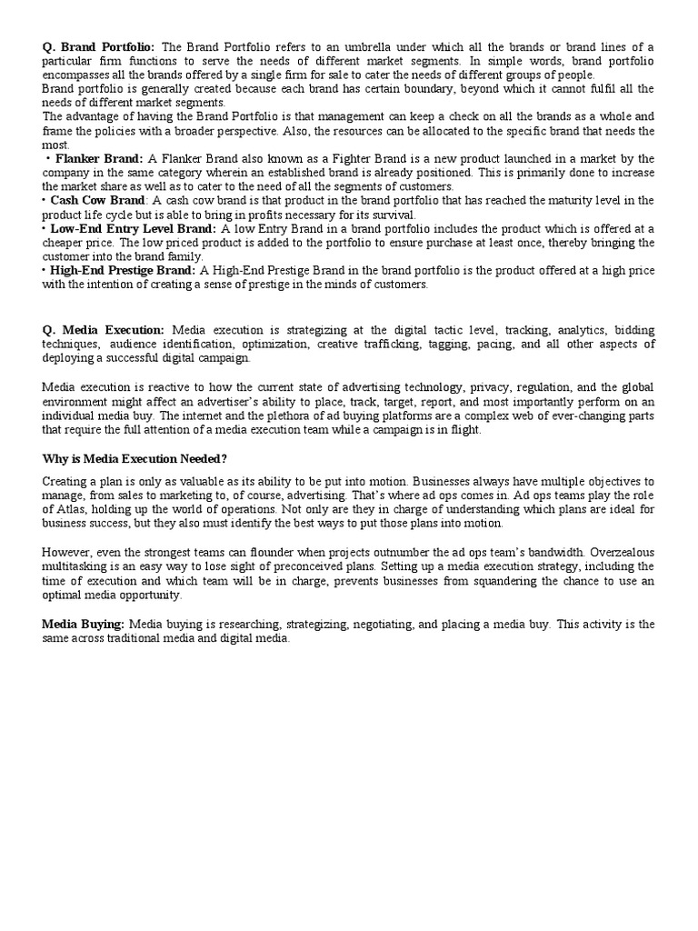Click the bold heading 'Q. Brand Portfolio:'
click(x=99, y=47)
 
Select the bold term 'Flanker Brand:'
click(x=99, y=158)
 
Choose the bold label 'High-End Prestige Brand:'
click(x=123, y=270)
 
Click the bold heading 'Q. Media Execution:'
click(x=104, y=330)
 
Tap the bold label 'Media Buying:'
click(x=84, y=625)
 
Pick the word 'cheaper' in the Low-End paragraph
click(x=65, y=243)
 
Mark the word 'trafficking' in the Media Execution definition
click(x=430, y=345)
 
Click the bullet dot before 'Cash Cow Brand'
click(x=45, y=200)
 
